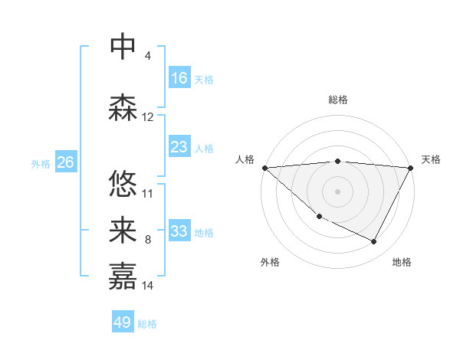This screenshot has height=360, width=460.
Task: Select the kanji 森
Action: pyautogui.click(x=123, y=109)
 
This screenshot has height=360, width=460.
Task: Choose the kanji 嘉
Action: pyautogui.click(x=123, y=276)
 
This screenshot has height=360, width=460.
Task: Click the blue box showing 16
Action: pyautogui.click(x=179, y=78)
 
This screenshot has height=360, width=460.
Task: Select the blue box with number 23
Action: pyautogui.click(x=179, y=147)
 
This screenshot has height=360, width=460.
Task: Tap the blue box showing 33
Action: pyautogui.click(x=179, y=231)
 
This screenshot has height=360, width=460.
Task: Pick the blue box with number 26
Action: pyautogui.click(x=66, y=162)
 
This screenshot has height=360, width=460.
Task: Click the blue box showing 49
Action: pyautogui.click(x=123, y=322)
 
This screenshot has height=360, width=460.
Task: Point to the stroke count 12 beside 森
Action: pyautogui.click(x=148, y=117)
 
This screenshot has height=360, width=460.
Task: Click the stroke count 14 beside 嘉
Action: pyautogui.click(x=148, y=286)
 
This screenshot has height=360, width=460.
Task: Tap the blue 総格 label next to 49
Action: pyautogui.click(x=147, y=324)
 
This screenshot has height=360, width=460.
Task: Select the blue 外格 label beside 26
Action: pyautogui.click(x=41, y=163)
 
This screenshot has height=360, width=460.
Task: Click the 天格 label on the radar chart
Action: pyautogui.click(x=431, y=159)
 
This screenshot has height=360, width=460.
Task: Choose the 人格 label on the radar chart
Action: pyautogui.click(x=245, y=159)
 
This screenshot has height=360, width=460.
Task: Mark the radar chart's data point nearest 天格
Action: pyautogui.click(x=411, y=168)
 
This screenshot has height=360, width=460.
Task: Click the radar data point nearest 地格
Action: pyautogui.click(x=374, y=242)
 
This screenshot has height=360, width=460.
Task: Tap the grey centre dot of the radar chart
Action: pyautogui.click(x=337, y=191)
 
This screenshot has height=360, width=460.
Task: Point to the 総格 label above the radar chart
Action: pyautogui.click(x=337, y=100)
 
